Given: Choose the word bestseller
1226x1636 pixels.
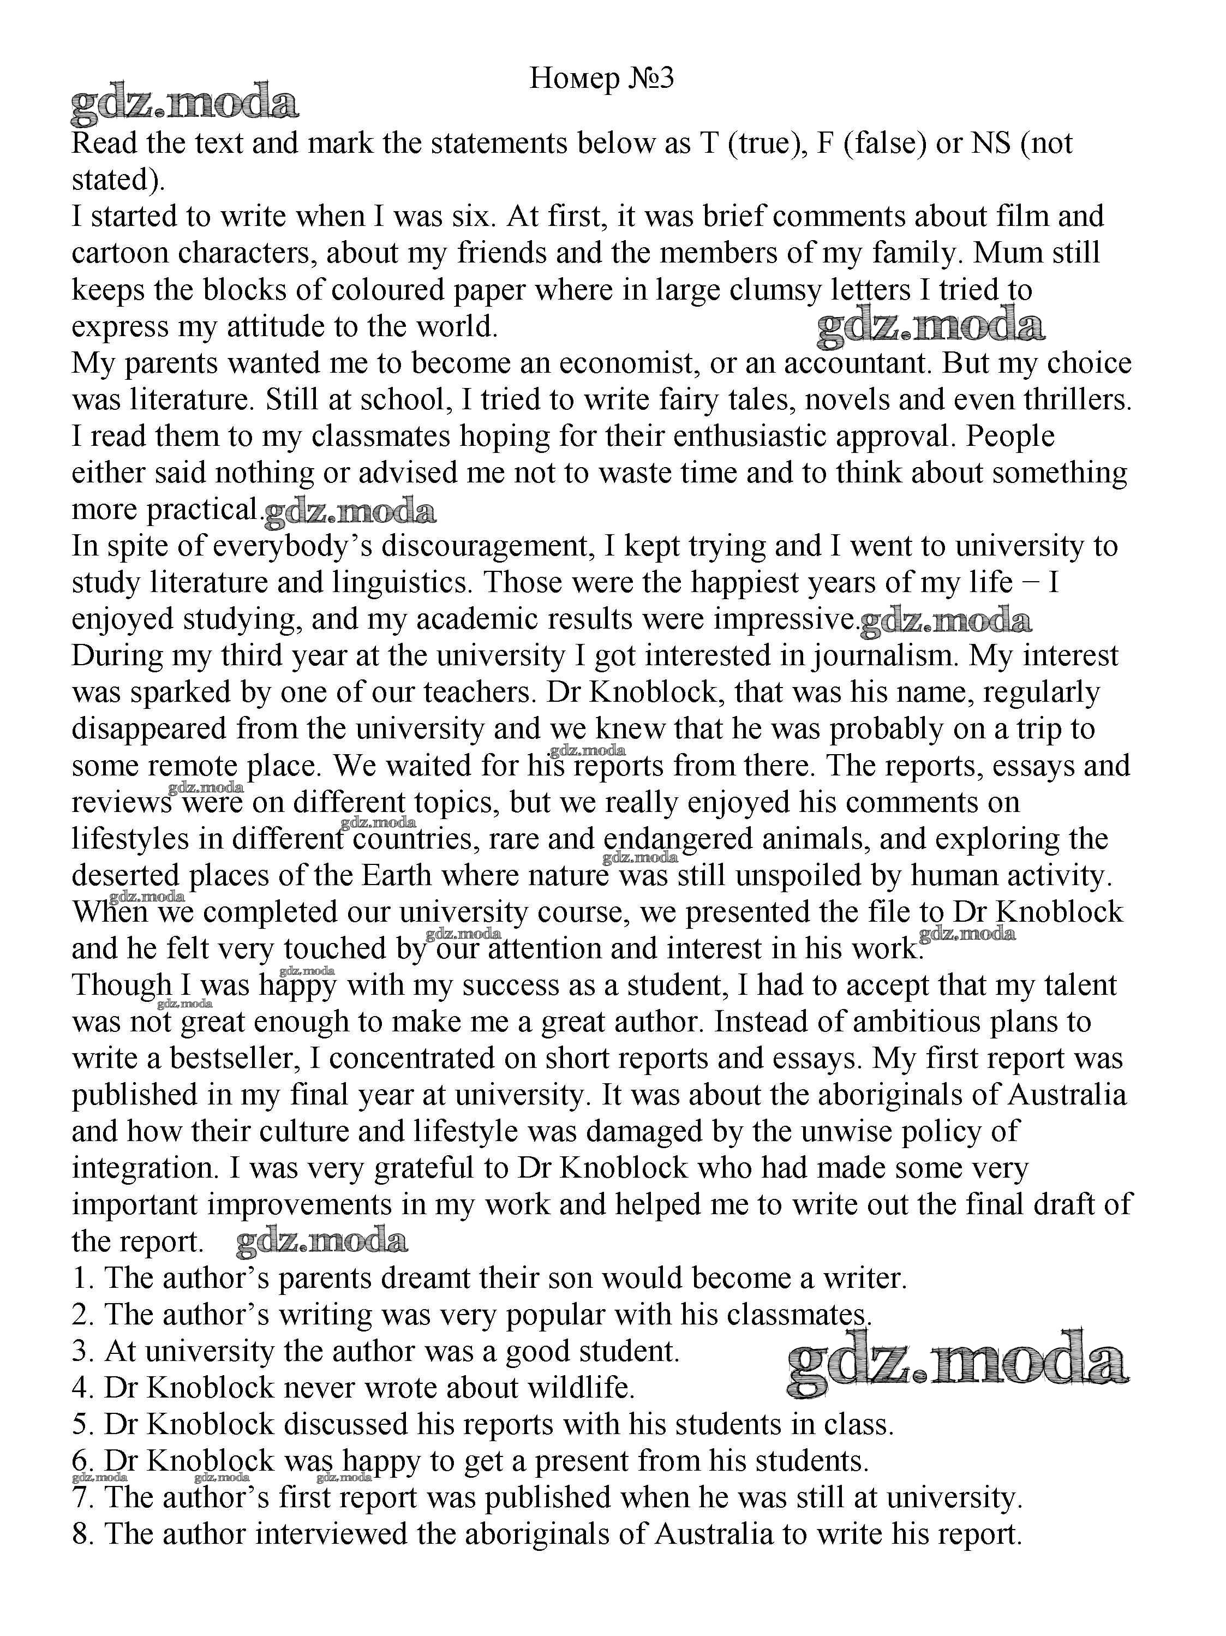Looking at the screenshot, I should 234,1058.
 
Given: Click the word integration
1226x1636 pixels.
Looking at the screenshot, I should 146,1167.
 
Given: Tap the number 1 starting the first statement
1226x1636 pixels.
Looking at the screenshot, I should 80,1277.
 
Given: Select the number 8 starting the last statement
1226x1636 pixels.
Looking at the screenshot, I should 80,1533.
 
